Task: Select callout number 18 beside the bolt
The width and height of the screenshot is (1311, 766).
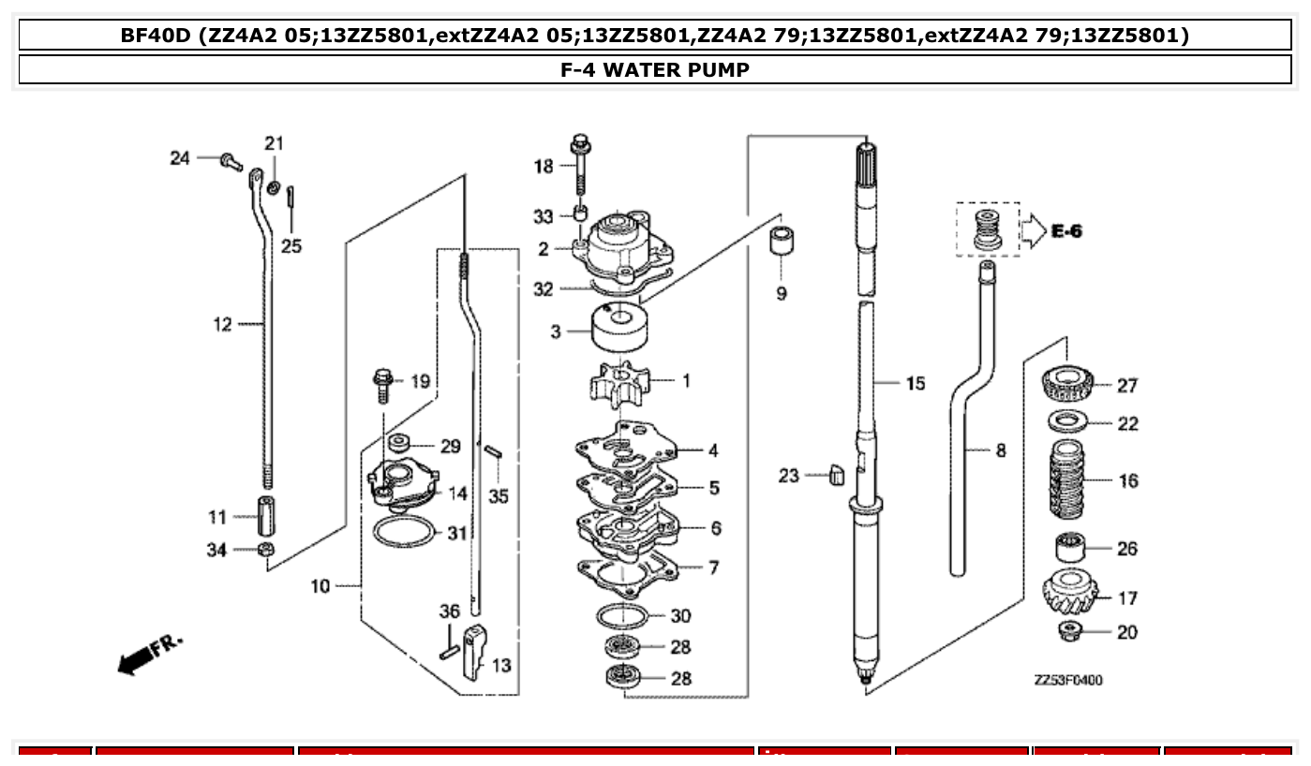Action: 544,167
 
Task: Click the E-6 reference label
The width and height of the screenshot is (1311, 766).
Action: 1065,230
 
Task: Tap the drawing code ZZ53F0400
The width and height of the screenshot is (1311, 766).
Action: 1068,680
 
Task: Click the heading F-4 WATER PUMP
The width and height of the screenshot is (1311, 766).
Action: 655,70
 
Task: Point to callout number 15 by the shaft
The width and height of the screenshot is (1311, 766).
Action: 915,383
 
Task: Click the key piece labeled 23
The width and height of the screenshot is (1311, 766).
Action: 837,476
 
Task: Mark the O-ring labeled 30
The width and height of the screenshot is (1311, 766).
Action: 621,616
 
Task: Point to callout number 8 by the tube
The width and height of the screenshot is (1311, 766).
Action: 1000,450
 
